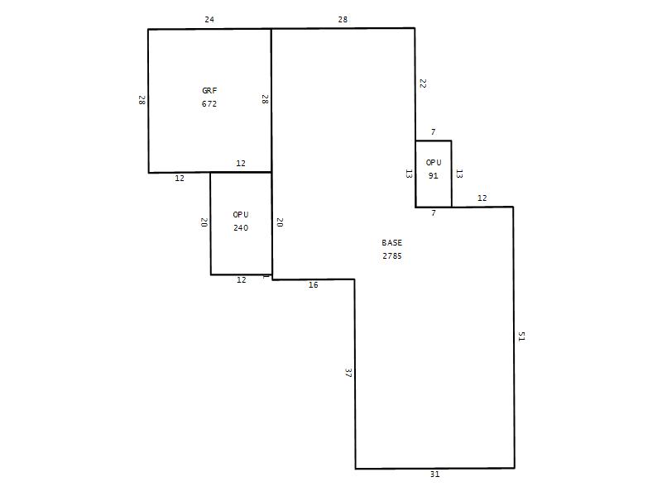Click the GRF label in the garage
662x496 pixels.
click(x=209, y=91)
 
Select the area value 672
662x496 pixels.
click(x=209, y=104)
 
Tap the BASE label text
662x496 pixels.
click(x=391, y=242)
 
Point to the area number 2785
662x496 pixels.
click(x=391, y=256)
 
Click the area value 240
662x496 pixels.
click(x=241, y=228)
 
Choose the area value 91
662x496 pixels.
click(x=433, y=176)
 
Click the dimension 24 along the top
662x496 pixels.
click(x=209, y=19)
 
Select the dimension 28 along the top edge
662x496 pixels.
click(x=343, y=19)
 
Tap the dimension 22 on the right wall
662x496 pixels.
click(x=423, y=83)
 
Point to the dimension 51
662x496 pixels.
click(x=522, y=336)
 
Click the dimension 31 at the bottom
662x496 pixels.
click(x=435, y=474)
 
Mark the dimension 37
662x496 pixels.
click(x=348, y=373)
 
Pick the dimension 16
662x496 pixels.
click(x=314, y=285)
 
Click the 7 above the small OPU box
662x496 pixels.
click(x=433, y=132)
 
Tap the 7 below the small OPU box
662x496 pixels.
click(x=433, y=213)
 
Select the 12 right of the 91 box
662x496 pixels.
click(x=482, y=198)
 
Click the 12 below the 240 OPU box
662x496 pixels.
click(x=242, y=279)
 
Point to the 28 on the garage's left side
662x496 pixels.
click(x=142, y=100)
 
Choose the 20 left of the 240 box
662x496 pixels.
click(x=204, y=222)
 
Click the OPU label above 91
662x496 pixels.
click(x=434, y=162)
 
